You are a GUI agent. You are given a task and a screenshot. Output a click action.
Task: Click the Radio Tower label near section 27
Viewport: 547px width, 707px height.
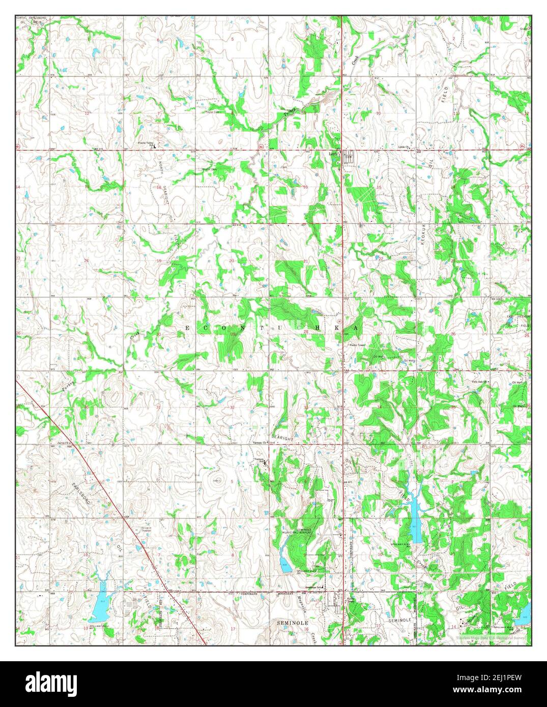click(358, 345)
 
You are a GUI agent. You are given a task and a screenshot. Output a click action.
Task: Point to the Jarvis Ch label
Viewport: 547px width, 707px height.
click(63, 444)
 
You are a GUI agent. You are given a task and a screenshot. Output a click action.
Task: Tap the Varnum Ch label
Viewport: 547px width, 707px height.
click(260, 443)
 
